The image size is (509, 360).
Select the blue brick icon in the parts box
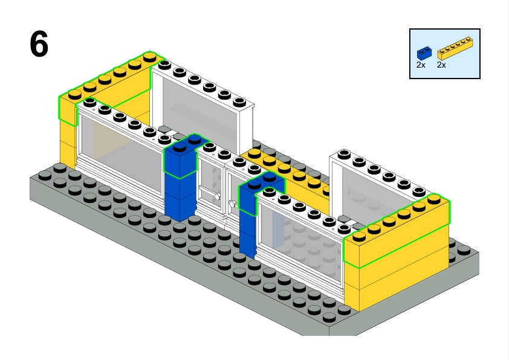(424, 54)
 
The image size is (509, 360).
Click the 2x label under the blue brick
(421, 65)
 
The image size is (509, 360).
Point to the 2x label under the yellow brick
(441, 65)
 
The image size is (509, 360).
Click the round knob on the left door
(218, 196)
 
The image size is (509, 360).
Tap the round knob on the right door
(233, 204)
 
